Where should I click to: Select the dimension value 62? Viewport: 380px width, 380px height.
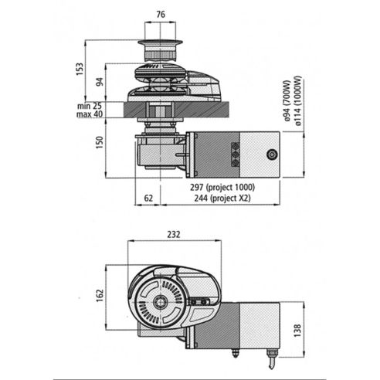(148, 198)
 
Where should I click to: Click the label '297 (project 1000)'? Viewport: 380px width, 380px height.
(222, 188)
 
